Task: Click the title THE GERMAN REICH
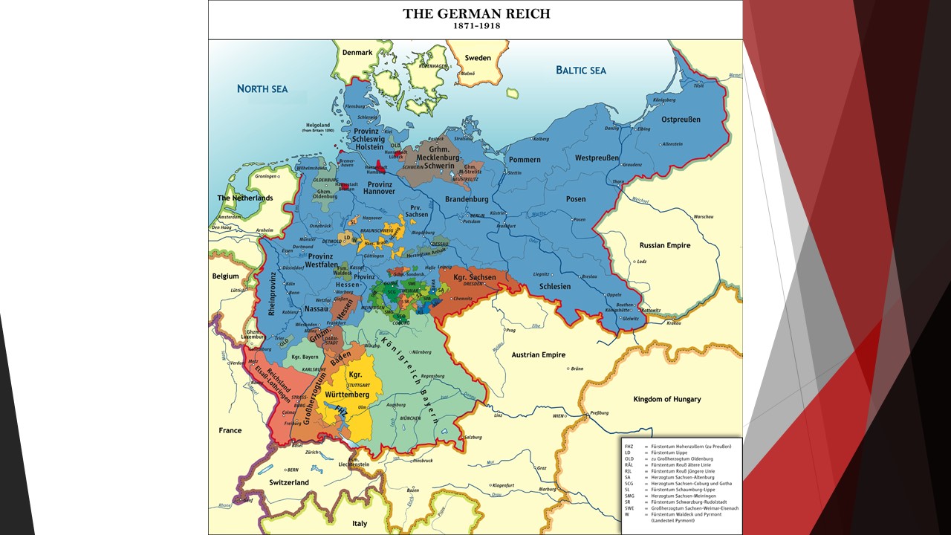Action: [476, 13]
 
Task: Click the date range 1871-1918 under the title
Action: [476, 26]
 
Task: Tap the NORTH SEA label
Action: [262, 89]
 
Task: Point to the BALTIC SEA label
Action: [581, 71]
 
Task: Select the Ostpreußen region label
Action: [681, 120]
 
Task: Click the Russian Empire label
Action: [665, 245]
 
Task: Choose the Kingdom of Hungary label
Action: [667, 400]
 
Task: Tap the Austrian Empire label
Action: [539, 355]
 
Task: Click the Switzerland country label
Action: [289, 482]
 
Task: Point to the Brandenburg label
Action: [467, 199]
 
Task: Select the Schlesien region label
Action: [556, 287]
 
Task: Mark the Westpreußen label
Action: [597, 158]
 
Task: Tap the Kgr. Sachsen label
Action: [475, 277]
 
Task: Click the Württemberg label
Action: [347, 394]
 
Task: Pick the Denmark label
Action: [357, 53]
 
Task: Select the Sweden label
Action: [478, 58]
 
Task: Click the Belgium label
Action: [226, 276]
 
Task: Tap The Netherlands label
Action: [245, 198]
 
